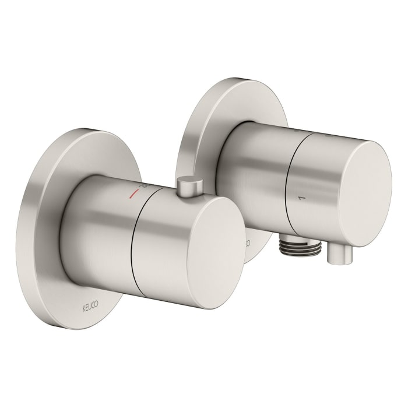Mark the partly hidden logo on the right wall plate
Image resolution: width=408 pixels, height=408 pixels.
coord(247,240)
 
